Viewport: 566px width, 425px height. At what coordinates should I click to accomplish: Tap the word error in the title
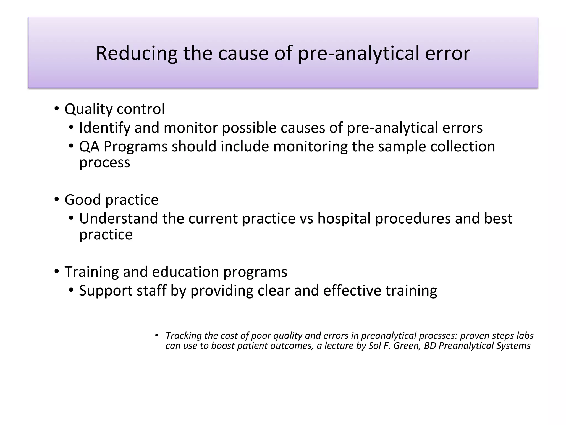click(x=447, y=53)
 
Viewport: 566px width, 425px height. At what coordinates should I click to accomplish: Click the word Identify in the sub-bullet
click(x=104, y=128)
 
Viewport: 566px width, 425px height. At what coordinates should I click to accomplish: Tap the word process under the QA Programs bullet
click(x=104, y=162)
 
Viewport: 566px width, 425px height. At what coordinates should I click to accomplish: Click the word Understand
click(x=119, y=219)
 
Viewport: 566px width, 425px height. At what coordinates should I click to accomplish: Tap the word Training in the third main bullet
click(x=91, y=272)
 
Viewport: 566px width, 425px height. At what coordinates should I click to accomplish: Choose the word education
click(x=185, y=272)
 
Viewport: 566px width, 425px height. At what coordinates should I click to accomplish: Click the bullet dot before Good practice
click(x=57, y=199)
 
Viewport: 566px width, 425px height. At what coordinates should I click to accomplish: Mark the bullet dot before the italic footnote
click(x=156, y=335)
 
